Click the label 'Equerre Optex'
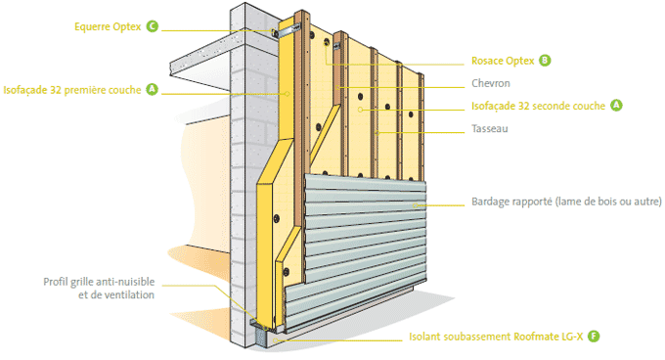(x=108, y=26)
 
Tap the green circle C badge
(x=153, y=26)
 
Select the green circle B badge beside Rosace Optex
(x=545, y=61)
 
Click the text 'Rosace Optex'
(x=503, y=61)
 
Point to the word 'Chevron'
(x=491, y=83)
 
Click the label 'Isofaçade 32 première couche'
(x=72, y=90)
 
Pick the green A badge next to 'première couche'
(x=152, y=89)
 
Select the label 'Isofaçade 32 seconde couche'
(x=538, y=106)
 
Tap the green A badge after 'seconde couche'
(x=616, y=105)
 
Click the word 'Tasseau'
(x=489, y=128)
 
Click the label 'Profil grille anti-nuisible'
(x=99, y=282)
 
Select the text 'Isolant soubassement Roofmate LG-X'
(x=496, y=337)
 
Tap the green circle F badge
(x=594, y=337)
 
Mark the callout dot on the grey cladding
(x=416, y=205)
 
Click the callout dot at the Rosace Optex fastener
(x=327, y=42)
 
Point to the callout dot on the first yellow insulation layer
(x=288, y=93)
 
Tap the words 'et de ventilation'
(x=116, y=294)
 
